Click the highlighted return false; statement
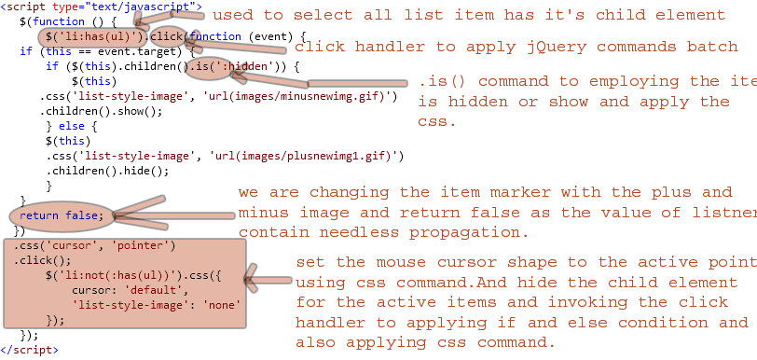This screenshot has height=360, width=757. (65, 215)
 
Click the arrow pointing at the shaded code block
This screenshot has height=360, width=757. (268, 277)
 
